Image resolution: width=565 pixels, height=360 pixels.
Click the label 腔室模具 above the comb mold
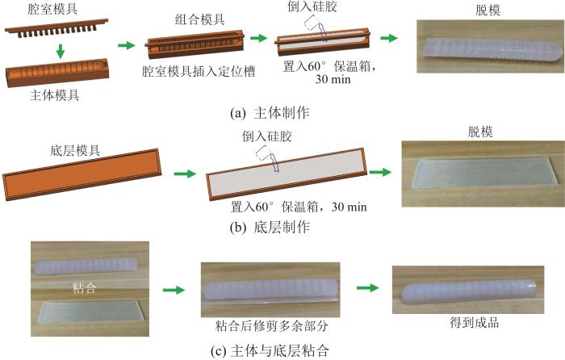52,9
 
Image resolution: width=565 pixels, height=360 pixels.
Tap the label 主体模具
54,95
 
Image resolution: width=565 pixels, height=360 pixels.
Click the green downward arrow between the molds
61,51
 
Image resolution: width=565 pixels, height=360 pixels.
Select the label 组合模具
200,19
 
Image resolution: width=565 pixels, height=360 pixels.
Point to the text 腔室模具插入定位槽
199,71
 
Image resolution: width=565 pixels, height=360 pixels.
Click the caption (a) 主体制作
270,113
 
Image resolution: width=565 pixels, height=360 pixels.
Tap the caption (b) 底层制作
270,227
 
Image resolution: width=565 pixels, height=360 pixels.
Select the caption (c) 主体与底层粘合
270,350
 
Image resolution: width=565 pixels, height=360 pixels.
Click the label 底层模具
75,150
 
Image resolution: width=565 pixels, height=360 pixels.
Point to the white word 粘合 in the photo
84,287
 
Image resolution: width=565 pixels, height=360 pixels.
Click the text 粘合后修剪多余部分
272,326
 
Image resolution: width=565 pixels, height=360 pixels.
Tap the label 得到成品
475,322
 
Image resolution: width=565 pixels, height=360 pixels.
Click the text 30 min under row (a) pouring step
333,79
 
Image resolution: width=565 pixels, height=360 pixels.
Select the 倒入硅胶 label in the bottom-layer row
267,136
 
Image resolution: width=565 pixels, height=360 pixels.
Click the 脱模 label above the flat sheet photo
480,132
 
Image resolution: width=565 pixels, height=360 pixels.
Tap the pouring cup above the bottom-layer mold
268,157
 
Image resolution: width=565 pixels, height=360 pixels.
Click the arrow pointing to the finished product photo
367,287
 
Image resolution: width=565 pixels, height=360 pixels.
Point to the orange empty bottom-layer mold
82,174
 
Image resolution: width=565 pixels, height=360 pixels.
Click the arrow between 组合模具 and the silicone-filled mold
259,38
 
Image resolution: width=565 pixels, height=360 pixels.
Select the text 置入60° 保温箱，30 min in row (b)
299,207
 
